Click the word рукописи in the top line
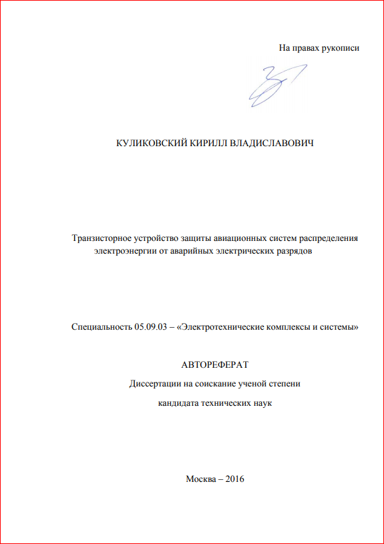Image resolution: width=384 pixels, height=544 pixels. tap(341, 48)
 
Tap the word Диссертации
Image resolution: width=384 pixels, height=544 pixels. tap(152, 384)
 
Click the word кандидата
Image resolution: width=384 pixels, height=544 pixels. tap(178, 403)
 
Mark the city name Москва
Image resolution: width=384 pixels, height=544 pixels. tap(203, 480)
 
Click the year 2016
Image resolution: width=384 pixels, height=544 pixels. tap(236, 480)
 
